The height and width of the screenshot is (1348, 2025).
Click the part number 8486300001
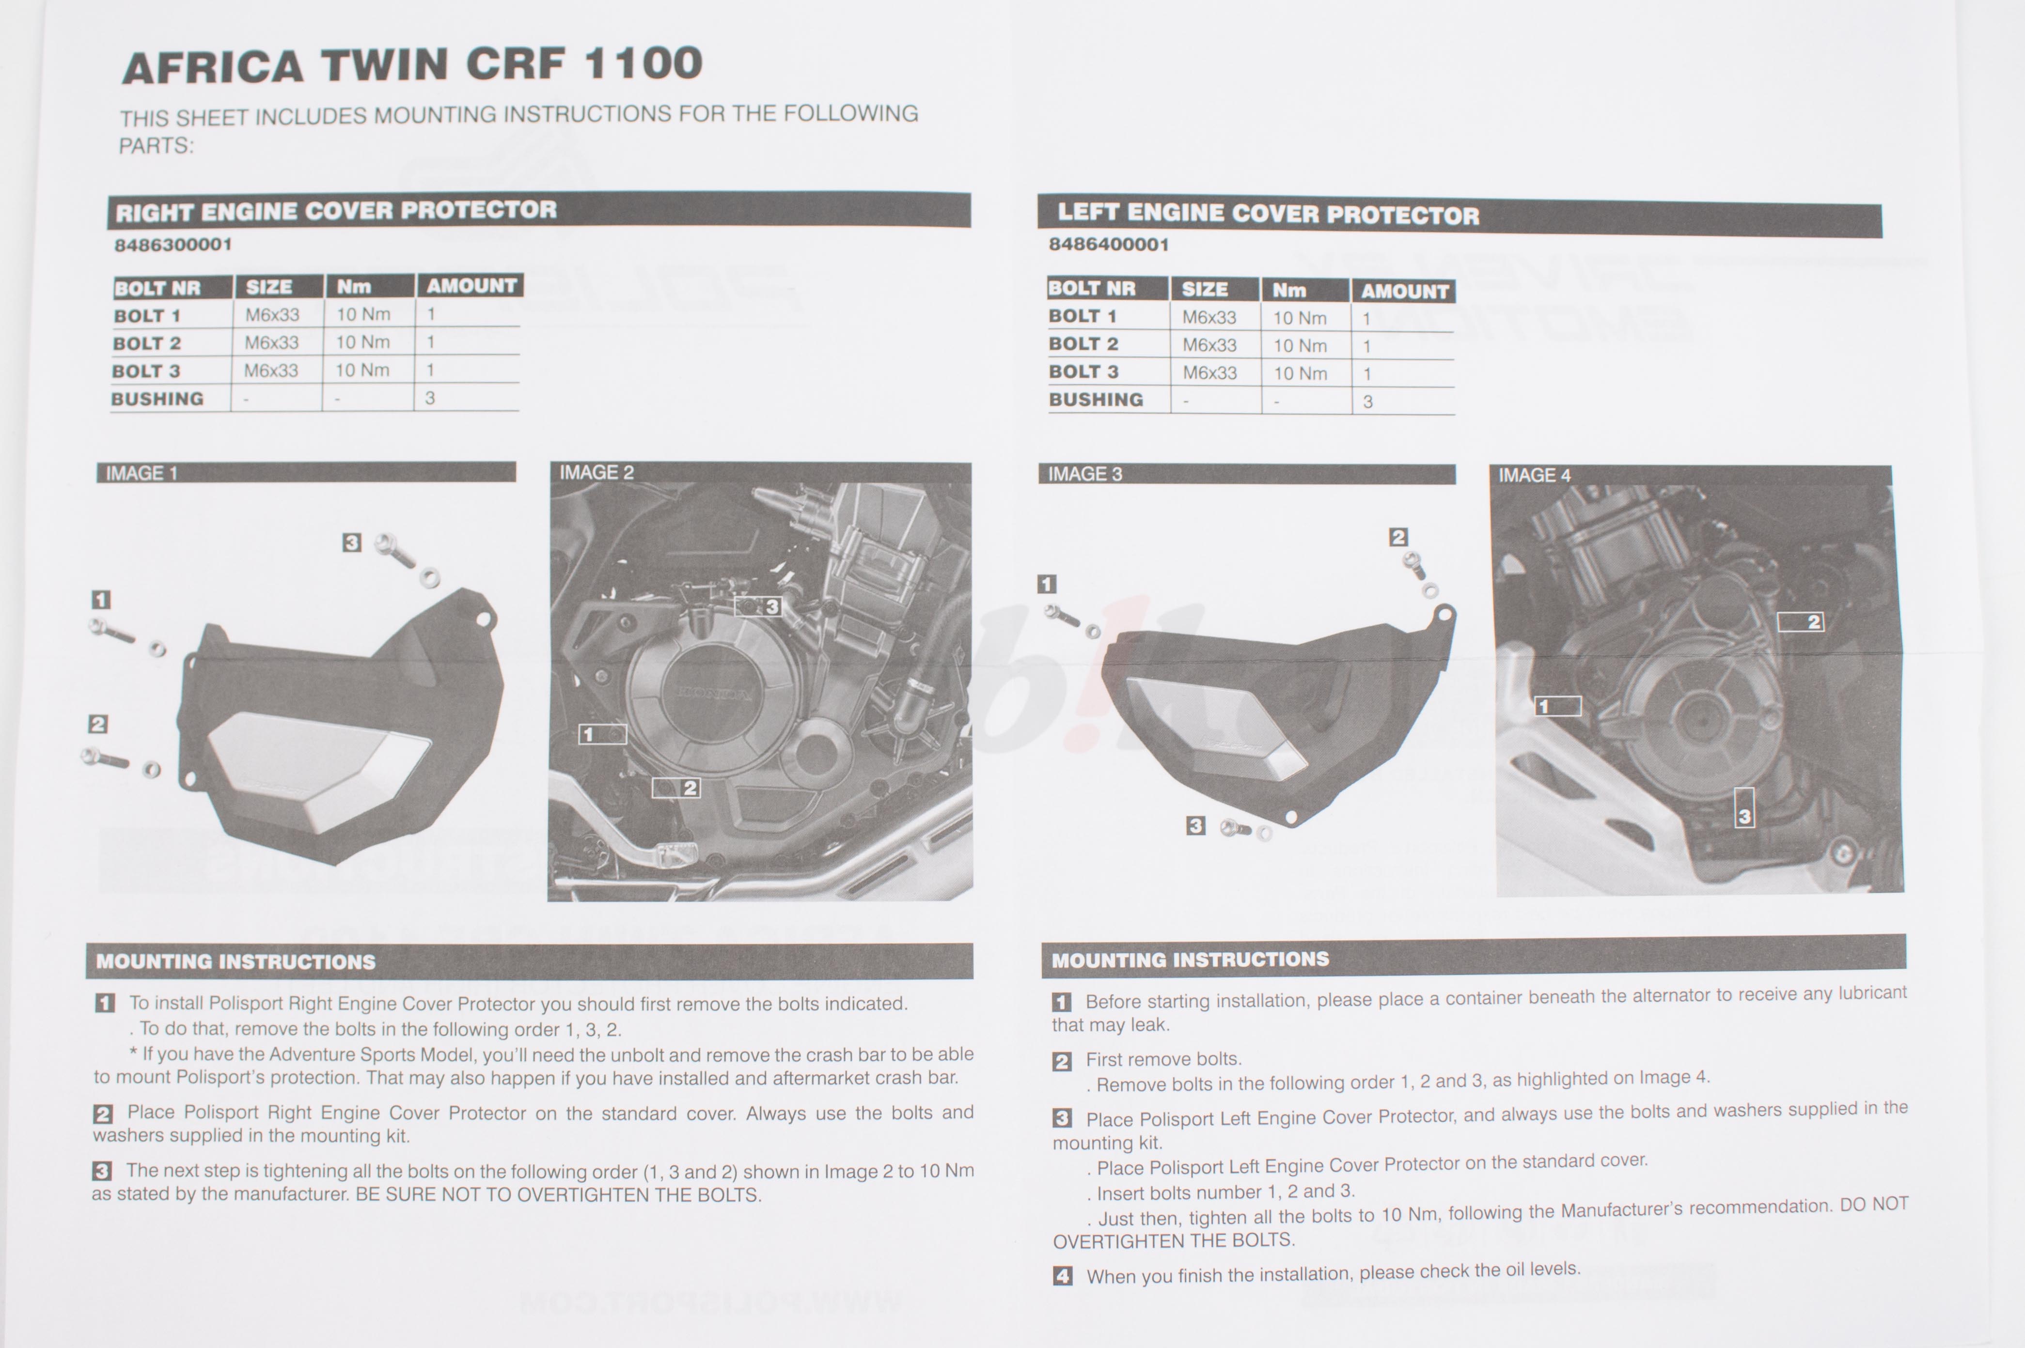click(x=173, y=244)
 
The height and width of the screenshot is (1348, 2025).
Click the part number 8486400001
click(x=1108, y=245)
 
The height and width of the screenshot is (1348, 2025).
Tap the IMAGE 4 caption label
click(x=1535, y=476)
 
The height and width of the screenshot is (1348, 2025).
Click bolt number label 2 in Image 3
click(x=1398, y=537)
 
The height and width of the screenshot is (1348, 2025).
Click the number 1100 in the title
click(x=643, y=63)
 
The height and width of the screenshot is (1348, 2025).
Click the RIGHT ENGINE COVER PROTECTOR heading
click(x=336, y=211)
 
